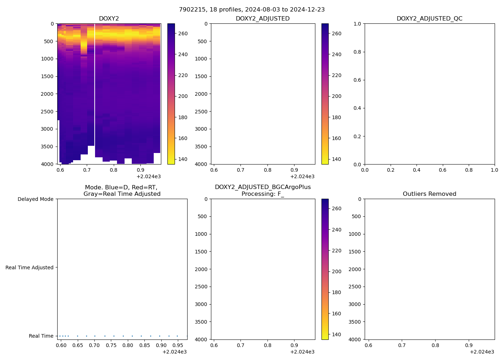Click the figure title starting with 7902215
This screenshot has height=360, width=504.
252,9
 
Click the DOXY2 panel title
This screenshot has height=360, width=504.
109,18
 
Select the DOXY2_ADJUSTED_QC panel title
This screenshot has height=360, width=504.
429,18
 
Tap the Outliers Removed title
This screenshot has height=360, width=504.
429,194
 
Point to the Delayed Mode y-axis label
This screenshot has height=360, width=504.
35,199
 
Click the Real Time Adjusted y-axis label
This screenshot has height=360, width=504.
30,267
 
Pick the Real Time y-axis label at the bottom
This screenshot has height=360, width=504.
41,336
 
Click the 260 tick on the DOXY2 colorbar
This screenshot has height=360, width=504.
183,33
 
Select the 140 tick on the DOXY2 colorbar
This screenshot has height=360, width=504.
183,159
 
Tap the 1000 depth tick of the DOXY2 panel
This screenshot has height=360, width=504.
47,59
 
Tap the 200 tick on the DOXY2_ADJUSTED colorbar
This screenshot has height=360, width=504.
337,96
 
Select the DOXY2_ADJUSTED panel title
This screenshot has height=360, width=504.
262,18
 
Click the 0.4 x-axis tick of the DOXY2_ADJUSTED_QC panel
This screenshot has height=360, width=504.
417,170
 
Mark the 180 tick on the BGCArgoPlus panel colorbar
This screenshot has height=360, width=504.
337,292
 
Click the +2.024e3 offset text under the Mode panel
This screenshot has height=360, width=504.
174,352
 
